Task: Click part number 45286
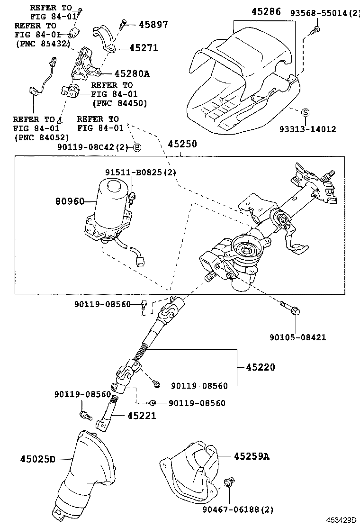click(x=266, y=11)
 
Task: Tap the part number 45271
click(x=144, y=48)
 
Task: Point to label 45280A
click(x=132, y=73)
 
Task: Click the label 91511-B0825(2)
click(x=140, y=173)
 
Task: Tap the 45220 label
click(x=260, y=367)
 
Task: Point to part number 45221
click(x=141, y=416)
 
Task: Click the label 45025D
click(x=38, y=459)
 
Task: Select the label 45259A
click(x=251, y=456)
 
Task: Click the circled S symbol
click(x=306, y=112)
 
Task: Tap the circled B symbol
click(x=137, y=147)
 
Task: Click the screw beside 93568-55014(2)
click(x=315, y=30)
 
